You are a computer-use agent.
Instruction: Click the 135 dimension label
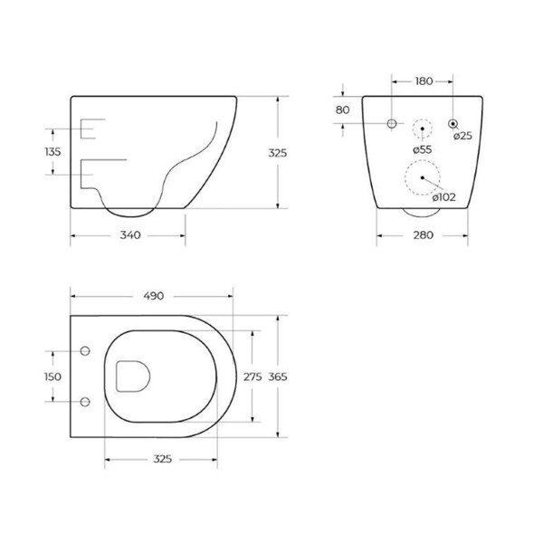pos(52,152)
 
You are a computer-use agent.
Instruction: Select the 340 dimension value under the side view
pos(129,235)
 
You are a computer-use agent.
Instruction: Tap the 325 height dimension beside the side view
pos(277,153)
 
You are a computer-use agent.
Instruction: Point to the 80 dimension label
pos(342,110)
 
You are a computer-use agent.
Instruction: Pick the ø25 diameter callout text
pos(463,136)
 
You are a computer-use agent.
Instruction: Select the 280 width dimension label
pos(424,235)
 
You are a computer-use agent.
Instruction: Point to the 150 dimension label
pos(52,376)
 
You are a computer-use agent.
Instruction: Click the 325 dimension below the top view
pos(160,461)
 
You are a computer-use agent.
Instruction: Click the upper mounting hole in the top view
pos(85,351)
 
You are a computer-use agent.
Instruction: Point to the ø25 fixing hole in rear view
pos(452,122)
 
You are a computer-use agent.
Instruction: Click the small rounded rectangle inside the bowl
pos(132,375)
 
